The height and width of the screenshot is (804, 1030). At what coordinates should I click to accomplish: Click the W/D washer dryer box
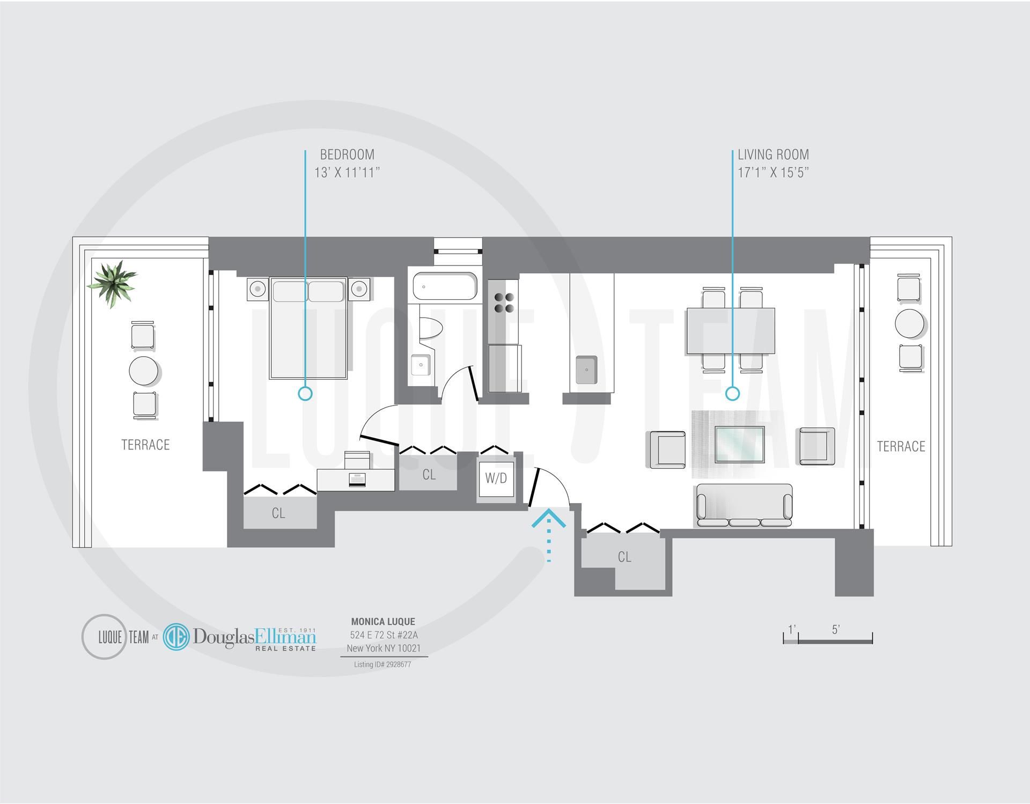click(496, 478)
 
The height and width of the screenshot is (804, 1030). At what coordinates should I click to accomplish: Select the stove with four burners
click(503, 303)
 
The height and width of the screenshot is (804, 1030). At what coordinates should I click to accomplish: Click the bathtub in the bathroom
click(445, 286)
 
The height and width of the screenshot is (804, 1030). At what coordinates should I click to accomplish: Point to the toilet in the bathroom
click(429, 328)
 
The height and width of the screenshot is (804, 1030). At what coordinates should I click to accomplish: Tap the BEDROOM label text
click(347, 155)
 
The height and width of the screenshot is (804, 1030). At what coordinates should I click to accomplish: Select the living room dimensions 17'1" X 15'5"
click(772, 173)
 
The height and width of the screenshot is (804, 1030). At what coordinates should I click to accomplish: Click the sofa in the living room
click(744, 506)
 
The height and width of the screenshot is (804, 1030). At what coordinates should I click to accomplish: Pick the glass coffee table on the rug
click(739, 444)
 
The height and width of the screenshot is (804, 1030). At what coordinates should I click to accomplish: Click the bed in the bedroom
click(308, 328)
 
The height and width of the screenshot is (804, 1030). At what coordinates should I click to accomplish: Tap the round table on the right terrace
click(909, 323)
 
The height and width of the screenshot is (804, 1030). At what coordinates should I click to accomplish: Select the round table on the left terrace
click(144, 371)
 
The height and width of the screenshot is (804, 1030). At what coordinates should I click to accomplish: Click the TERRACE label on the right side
click(901, 446)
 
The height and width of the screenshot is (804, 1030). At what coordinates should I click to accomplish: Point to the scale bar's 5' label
click(835, 630)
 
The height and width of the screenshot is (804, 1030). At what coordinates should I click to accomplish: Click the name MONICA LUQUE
click(383, 622)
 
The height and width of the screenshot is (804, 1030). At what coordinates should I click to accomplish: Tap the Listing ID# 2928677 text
click(382, 665)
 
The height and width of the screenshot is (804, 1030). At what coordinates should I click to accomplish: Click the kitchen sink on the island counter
click(587, 370)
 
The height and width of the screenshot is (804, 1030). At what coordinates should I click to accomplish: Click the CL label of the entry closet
click(624, 557)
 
